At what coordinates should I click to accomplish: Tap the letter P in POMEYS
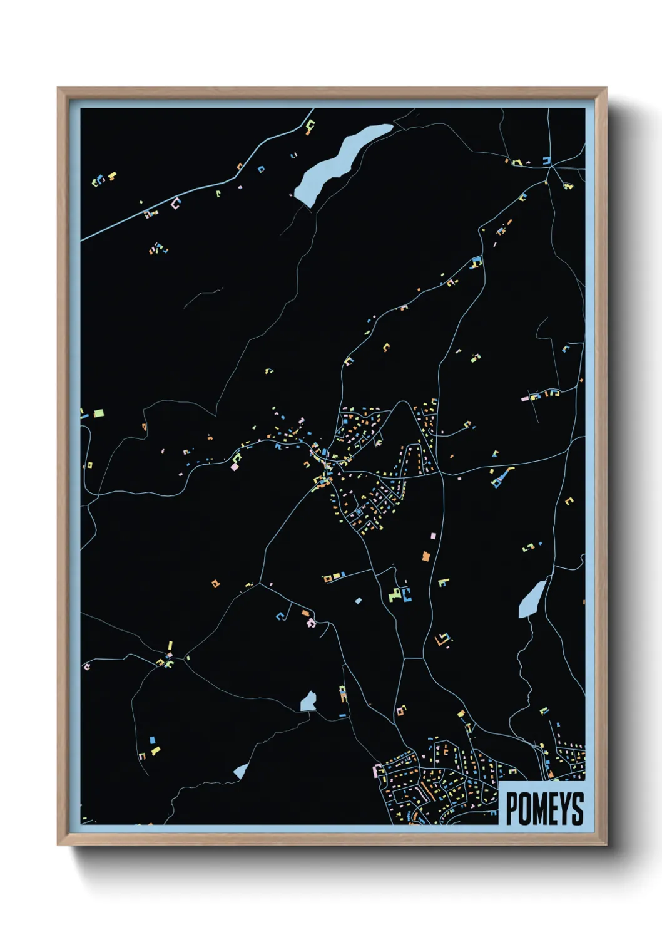coord(512,809)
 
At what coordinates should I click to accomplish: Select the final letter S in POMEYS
coord(576,809)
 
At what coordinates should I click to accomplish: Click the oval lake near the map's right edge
coord(532,599)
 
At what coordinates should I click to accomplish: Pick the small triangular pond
coord(241,772)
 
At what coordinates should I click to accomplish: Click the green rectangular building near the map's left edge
coord(98,413)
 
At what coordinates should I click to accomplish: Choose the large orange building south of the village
coord(426,556)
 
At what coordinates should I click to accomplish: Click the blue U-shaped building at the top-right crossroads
coord(547,161)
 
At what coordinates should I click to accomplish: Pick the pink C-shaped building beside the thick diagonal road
coord(176,203)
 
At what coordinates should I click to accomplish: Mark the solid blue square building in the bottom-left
coord(152,741)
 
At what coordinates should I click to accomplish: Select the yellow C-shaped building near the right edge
coord(569,501)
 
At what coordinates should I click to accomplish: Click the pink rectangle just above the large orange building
coord(432,536)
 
